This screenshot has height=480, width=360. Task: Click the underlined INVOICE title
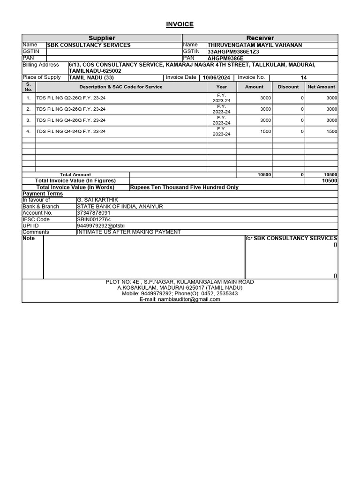tap(180, 24)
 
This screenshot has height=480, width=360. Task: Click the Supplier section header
tap(102, 38)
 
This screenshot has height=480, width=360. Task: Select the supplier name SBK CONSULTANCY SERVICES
tap(89, 45)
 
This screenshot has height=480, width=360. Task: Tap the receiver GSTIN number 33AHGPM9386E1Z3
tap(232, 52)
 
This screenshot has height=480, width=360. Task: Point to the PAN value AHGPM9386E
tap(226, 58)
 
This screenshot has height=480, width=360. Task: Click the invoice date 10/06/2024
tap(216, 78)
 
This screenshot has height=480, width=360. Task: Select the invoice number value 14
tap(303, 78)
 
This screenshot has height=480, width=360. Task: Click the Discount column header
tap(288, 87)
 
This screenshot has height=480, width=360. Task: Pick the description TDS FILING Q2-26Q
tap(71, 98)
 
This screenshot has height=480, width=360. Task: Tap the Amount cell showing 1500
tap(265, 132)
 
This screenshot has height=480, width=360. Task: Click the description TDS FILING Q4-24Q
tap(71, 132)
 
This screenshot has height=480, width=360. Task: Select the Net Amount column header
tap(321, 87)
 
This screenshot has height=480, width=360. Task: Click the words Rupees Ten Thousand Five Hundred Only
tap(184, 187)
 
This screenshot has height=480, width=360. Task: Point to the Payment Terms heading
tap(43, 194)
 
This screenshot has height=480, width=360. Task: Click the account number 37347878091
tap(94, 213)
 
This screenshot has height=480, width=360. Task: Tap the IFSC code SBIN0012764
tap(94, 219)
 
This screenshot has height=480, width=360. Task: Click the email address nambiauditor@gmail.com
tap(180, 300)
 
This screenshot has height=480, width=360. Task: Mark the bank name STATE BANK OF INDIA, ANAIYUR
tap(120, 207)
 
